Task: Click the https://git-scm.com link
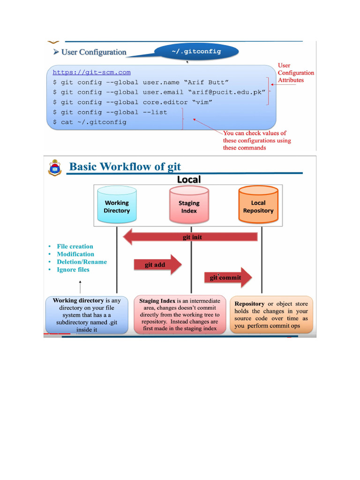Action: coord(91,72)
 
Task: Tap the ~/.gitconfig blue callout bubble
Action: coord(196,52)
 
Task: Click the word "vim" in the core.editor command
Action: coord(202,102)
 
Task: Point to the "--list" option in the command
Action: coord(155,112)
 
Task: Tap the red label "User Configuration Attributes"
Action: coord(296,73)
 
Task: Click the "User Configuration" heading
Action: coord(94,52)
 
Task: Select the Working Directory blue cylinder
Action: coord(117,204)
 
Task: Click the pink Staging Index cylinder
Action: coord(189,205)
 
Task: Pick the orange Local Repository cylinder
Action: coord(258,204)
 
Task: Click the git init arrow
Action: coord(190,237)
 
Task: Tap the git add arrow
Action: coord(157,264)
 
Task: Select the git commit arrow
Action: coord(228,277)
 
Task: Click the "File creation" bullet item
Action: coord(75,247)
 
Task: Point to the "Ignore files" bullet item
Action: coord(73,270)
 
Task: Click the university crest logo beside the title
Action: coord(55,168)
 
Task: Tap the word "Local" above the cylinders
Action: coord(189,180)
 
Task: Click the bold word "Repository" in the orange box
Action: coord(249,304)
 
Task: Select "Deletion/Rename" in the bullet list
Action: coord(82,262)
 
